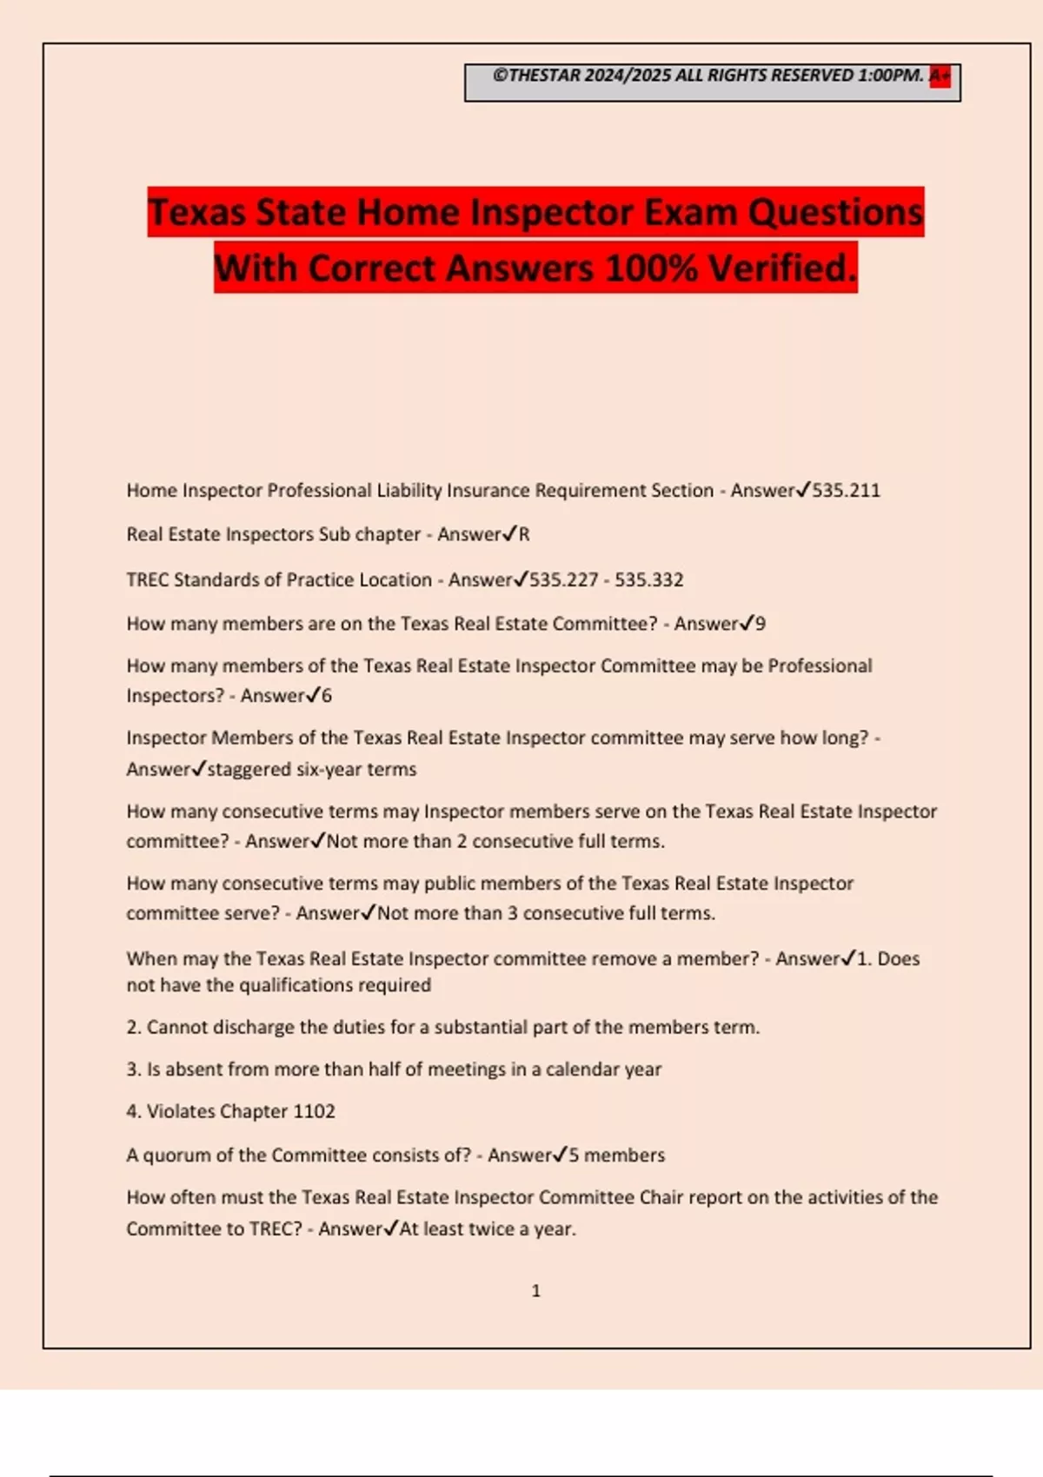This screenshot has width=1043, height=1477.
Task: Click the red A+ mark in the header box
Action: pyautogui.click(x=940, y=76)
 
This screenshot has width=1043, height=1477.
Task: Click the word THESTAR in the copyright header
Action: pyautogui.click(x=545, y=76)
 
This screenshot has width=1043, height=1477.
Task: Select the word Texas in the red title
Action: pyautogui.click(x=196, y=213)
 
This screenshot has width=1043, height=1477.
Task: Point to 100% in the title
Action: pyautogui.click(x=652, y=268)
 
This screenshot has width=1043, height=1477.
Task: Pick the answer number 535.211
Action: pyautogui.click(x=846, y=491)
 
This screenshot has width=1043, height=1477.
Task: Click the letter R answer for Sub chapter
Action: pyautogui.click(x=524, y=535)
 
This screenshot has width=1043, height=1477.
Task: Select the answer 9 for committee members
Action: pyautogui.click(x=761, y=624)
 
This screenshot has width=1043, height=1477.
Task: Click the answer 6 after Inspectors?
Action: pyautogui.click(x=327, y=696)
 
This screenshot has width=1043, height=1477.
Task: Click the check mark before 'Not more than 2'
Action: pyautogui.click(x=317, y=840)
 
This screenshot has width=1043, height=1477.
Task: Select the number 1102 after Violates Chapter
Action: pyautogui.click(x=314, y=1112)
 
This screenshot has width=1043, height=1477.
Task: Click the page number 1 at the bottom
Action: pyautogui.click(x=536, y=1291)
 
